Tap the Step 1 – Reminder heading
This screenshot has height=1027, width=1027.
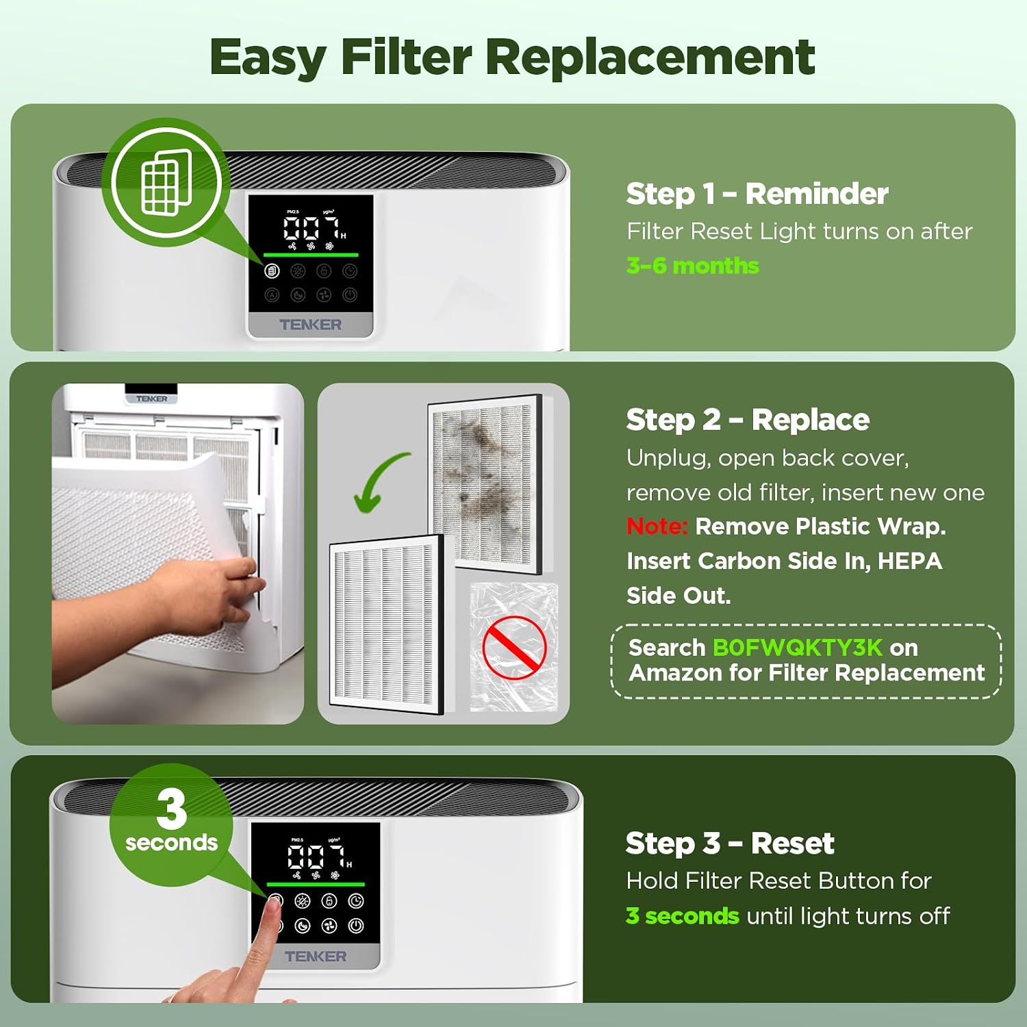[757, 194]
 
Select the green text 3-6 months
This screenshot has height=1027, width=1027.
[692, 266]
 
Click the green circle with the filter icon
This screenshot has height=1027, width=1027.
[166, 182]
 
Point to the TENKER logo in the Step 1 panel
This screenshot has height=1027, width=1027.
[310, 325]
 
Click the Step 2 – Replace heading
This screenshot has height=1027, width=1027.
[748, 420]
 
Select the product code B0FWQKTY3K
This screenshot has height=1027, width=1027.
[798, 648]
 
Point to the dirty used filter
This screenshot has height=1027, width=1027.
[485, 483]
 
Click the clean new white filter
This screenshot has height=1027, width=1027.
[387, 624]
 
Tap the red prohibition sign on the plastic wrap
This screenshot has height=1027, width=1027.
[514, 647]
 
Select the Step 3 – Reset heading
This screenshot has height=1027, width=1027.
[730, 844]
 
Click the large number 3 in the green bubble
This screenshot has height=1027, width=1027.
[171, 808]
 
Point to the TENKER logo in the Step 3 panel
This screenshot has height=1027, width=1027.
[316, 956]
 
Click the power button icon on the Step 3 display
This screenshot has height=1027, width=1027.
[356, 926]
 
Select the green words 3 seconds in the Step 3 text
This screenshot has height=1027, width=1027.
[683, 916]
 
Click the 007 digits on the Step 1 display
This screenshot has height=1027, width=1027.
[312, 227]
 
